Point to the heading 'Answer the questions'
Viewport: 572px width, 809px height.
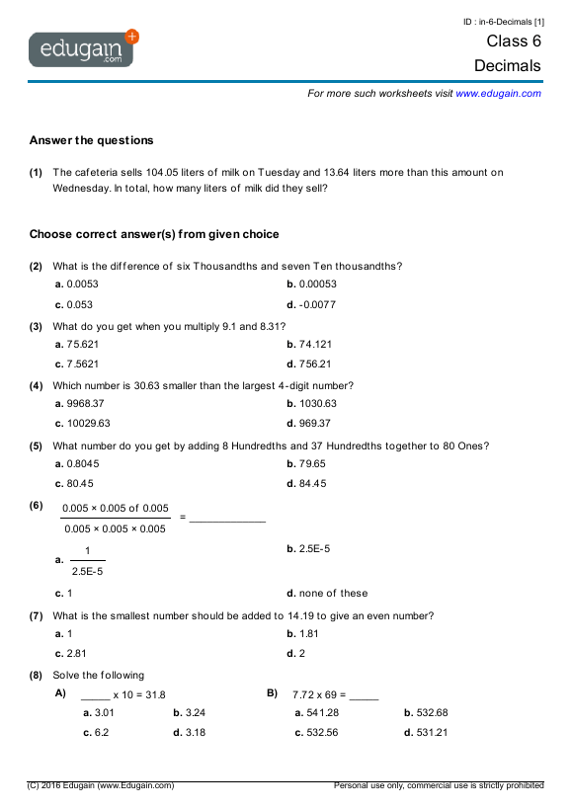click(91, 140)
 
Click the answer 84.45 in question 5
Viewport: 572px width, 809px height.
click(312, 483)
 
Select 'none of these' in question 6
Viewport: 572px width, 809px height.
click(332, 593)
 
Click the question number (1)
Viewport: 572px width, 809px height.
click(36, 172)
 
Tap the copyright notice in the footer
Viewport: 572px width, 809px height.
click(101, 785)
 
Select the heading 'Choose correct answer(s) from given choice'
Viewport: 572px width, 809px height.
click(154, 234)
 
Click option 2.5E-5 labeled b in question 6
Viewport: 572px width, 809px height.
click(313, 548)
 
